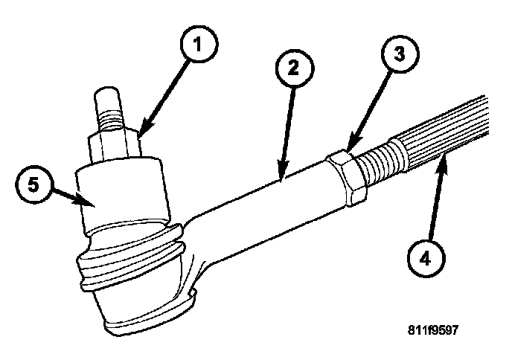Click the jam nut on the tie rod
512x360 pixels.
click(345, 176)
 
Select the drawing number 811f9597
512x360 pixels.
click(443, 329)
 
